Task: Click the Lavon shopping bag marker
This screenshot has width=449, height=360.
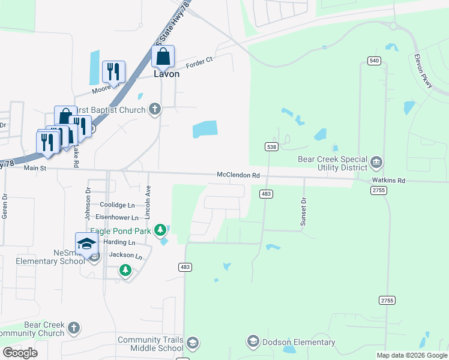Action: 163,58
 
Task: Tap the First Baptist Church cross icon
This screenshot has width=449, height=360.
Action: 155,109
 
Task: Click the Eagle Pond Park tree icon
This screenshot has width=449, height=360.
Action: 160,230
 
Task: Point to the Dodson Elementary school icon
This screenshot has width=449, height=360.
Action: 253,341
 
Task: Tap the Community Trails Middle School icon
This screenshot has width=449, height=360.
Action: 192,343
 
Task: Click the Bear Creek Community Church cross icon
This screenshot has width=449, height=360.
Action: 73,328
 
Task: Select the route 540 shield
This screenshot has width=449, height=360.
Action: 374,61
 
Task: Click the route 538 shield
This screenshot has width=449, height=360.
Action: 271,147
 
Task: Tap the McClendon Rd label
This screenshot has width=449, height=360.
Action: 239,175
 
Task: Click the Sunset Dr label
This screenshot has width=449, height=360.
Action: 304,212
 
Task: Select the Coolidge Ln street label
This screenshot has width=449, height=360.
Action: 117,205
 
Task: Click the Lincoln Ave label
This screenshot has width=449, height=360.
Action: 148,202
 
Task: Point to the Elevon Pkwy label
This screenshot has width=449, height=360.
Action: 423,73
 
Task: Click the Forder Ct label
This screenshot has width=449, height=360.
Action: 199,62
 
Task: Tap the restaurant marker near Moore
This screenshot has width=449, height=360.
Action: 113,73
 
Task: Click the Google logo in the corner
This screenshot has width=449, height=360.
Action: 20,353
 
